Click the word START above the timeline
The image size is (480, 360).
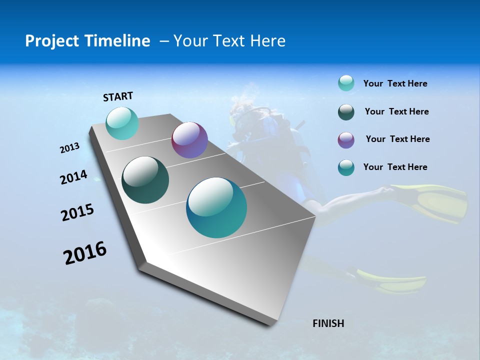118,96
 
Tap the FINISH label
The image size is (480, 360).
328,323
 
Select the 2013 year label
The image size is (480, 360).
69,148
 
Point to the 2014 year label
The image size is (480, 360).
73,177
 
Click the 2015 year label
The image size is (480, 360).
77,212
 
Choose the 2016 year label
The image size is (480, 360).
85,253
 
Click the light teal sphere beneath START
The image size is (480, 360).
122,123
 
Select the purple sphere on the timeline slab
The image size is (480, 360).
189,140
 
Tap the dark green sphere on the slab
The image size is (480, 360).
145,180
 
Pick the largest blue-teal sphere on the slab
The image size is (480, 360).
216,207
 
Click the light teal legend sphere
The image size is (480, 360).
346,83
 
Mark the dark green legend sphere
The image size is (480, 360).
346,112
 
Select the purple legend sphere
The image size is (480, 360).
346,140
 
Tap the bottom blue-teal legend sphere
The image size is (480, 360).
346,167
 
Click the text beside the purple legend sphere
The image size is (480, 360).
397,139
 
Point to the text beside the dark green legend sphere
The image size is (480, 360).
396,111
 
